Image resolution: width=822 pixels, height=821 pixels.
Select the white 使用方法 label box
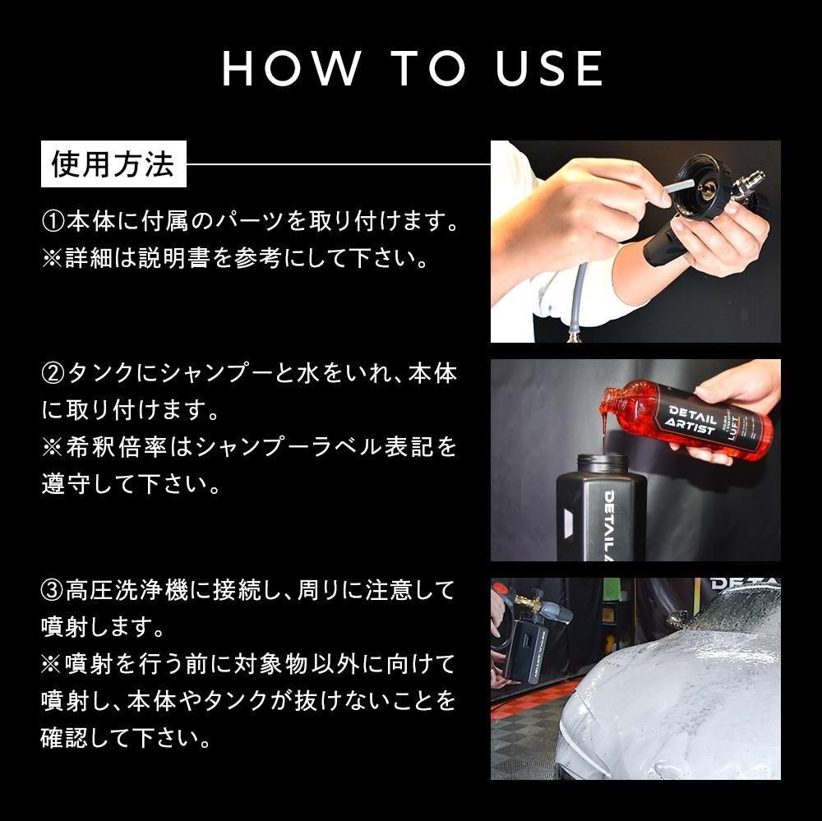click(114, 164)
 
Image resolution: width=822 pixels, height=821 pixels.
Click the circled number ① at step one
click(53, 222)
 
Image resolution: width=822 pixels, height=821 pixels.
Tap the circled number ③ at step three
click(53, 590)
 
